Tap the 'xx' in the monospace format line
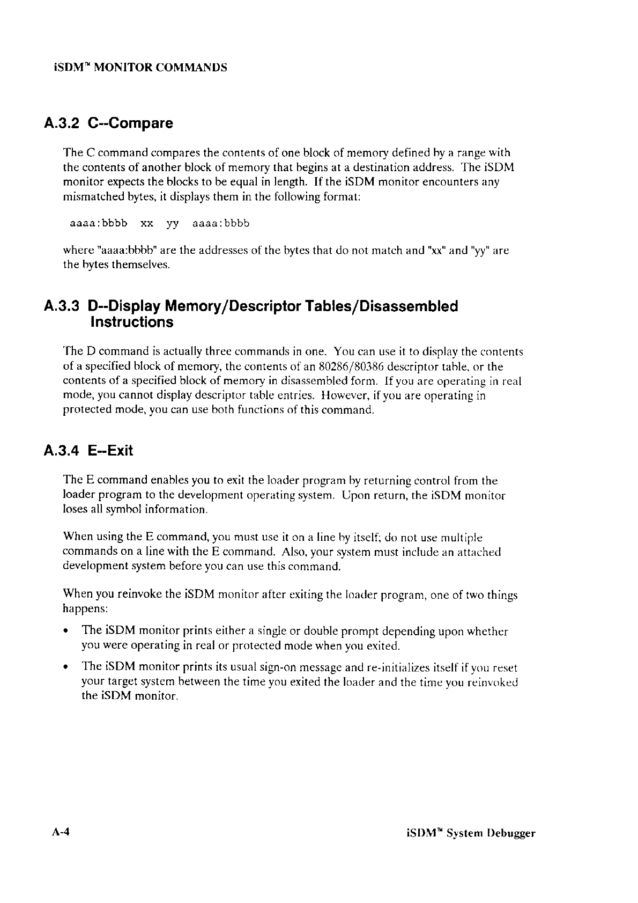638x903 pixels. pyautogui.click(x=147, y=223)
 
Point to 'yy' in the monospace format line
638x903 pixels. pyautogui.click(x=172, y=224)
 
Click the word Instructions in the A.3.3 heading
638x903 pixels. pyautogui.click(x=131, y=322)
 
